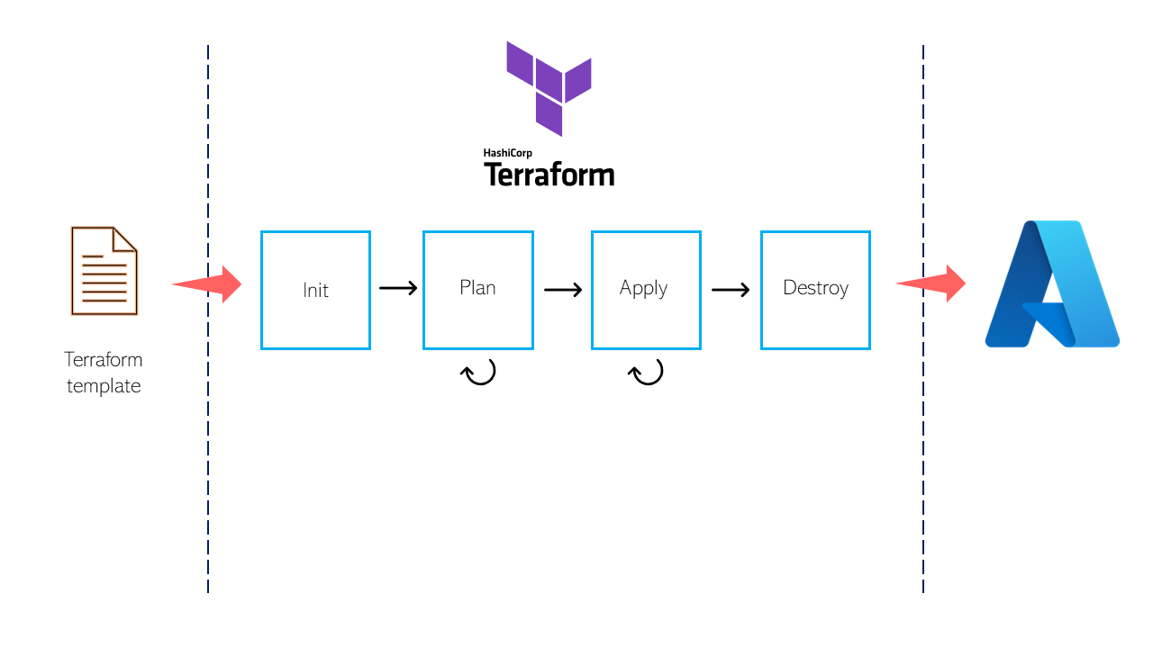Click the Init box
(315, 290)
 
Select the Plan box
(478, 290)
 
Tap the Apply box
(646, 290)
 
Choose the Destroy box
(815, 290)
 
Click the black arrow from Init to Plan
(397, 289)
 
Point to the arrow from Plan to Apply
(563, 290)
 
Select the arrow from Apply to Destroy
(731, 290)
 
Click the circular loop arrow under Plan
(479, 371)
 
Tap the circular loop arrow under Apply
(646, 371)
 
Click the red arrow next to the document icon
(209, 284)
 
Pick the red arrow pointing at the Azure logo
(932, 284)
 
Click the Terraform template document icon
(104, 271)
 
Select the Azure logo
(1051, 283)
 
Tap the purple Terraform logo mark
(549, 87)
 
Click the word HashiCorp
(507, 153)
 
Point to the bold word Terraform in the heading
(549, 175)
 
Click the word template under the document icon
(104, 386)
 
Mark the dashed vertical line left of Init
(208, 450)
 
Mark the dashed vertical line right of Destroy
(923, 450)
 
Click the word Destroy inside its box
(815, 288)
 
